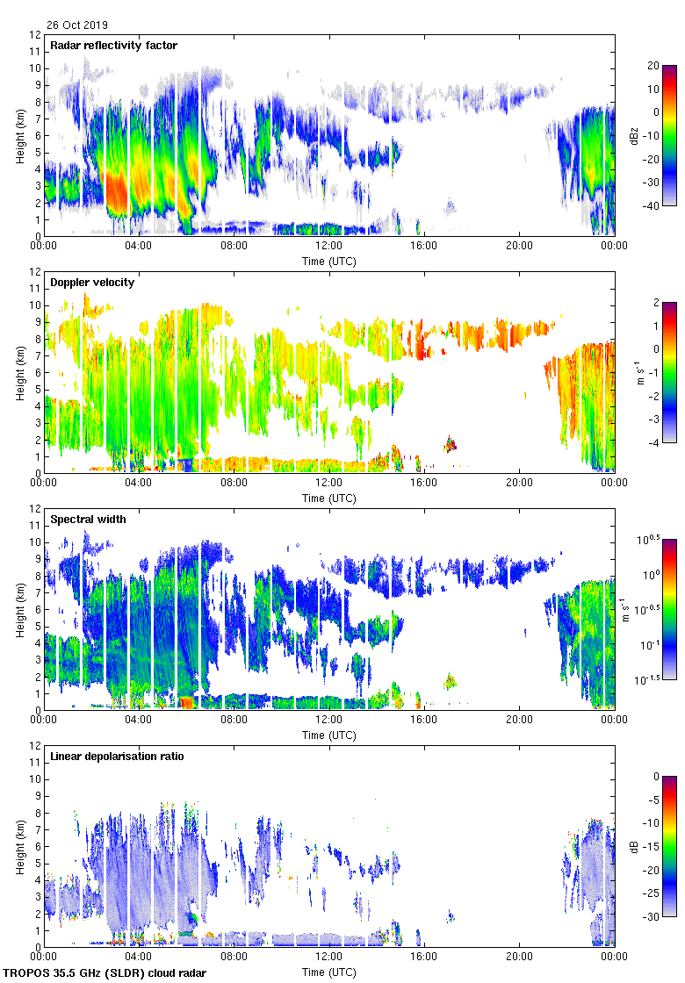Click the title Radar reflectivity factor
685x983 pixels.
click(x=114, y=45)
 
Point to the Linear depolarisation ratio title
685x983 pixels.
click(x=117, y=756)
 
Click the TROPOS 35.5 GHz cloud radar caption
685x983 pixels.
click(x=105, y=973)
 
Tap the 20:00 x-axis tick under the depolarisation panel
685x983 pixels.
click(x=519, y=957)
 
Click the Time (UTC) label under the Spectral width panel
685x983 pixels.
click(x=329, y=735)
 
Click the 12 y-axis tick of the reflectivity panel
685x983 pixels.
click(x=36, y=35)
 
